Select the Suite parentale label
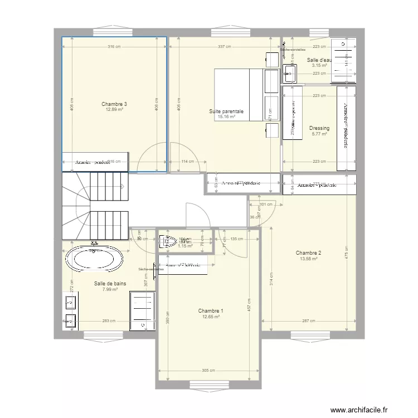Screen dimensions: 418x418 coord(226,111)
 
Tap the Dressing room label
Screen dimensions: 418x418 coord(319,128)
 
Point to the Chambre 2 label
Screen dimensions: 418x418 coord(308,252)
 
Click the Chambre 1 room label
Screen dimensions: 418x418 coord(211,311)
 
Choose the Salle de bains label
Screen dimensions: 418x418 coord(110,284)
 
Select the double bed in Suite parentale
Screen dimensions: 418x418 coord(240,94)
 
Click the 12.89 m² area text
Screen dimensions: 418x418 coord(114,110)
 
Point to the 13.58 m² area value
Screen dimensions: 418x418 coord(308,259)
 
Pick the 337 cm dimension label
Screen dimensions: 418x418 coord(224,47)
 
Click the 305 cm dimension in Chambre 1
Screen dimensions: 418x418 coord(208,370)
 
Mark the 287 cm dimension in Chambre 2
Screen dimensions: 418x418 coord(308,320)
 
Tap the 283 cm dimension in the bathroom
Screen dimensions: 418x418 coord(109,320)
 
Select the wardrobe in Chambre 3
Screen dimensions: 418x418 coord(95,162)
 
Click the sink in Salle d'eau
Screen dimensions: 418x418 coord(290,71)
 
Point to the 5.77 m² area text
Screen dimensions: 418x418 coord(319,134)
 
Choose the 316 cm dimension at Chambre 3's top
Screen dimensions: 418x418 coord(114,47)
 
